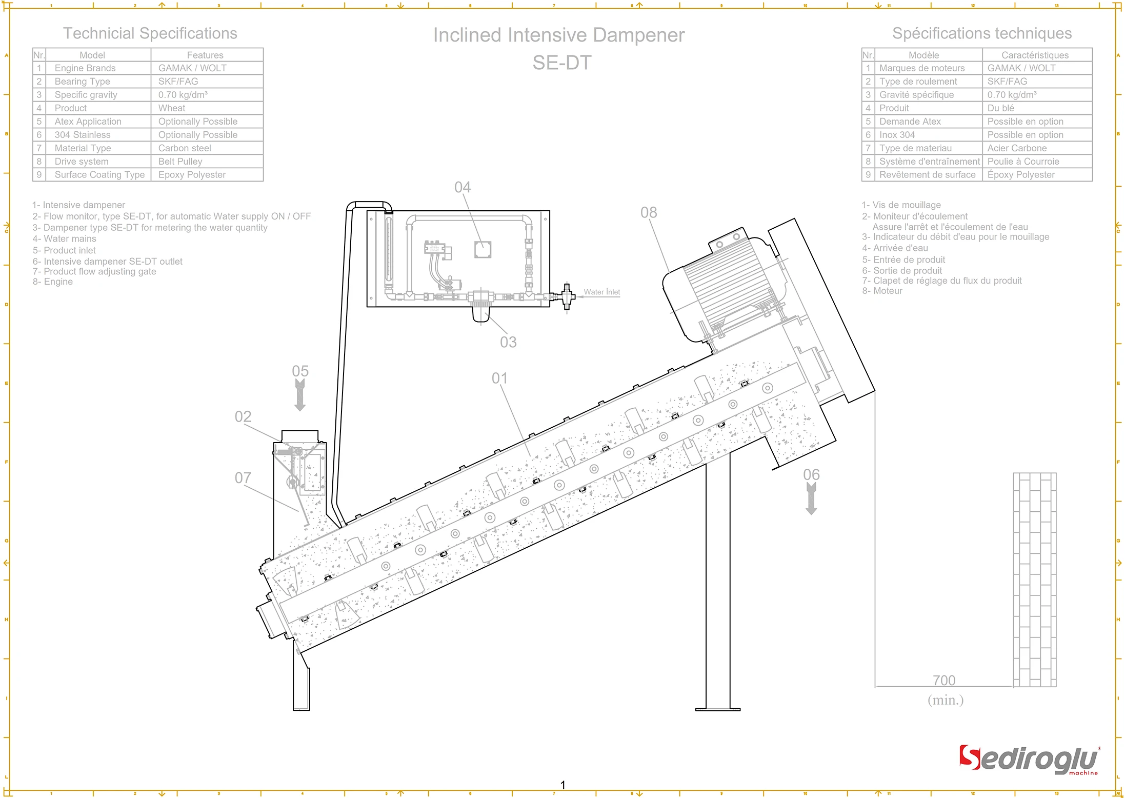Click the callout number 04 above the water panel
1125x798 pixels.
(462, 187)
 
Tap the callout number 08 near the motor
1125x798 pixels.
(648, 212)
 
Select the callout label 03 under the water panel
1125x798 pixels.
(508, 342)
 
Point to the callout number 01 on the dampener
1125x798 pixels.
(499, 378)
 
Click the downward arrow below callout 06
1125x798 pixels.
(811, 499)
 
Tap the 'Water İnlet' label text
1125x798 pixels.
(601, 292)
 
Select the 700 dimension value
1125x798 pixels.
(943, 680)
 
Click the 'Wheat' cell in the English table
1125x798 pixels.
(172, 108)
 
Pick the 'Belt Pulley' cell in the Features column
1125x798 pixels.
(180, 162)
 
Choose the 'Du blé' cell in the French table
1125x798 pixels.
(1000, 108)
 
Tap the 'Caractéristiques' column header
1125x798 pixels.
(1035, 55)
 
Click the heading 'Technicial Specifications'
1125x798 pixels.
(150, 33)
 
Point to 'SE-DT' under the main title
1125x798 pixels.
(562, 63)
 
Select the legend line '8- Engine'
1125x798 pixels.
(53, 282)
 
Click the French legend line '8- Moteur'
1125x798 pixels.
(882, 291)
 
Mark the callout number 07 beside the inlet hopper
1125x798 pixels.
(243, 478)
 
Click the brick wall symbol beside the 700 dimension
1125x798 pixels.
(1034, 580)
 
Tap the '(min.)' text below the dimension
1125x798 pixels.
(946, 700)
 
